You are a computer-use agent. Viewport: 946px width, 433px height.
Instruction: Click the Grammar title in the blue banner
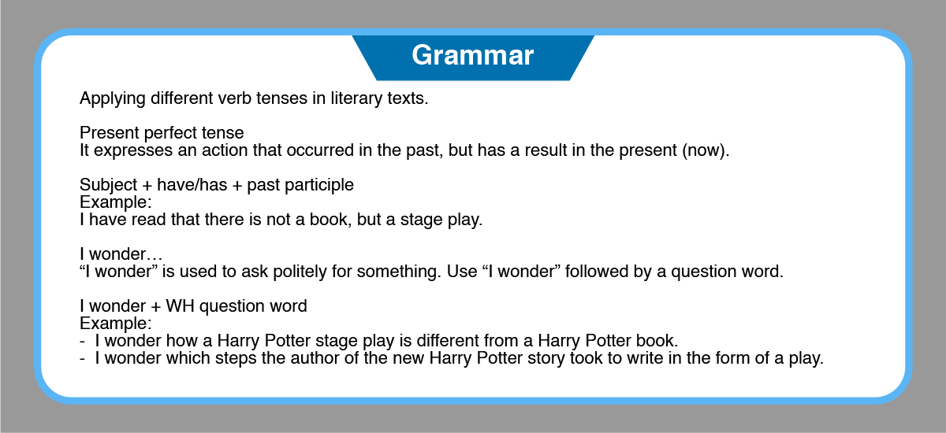coord(472,55)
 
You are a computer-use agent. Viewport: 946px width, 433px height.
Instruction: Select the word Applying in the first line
coord(112,98)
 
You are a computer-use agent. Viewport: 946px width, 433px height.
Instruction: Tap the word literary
coord(356,98)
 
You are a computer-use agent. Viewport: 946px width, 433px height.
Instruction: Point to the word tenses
coord(281,98)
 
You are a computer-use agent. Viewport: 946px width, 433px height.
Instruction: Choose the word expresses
coord(133,150)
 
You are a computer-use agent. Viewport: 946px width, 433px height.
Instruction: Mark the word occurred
coord(320,150)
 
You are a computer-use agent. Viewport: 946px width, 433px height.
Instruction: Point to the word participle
coord(318,185)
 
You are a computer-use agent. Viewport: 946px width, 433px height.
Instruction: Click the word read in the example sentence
coord(148,220)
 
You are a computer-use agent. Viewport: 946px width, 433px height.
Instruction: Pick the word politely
coord(300,272)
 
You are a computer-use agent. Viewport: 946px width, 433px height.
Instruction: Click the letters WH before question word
coord(180,306)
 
